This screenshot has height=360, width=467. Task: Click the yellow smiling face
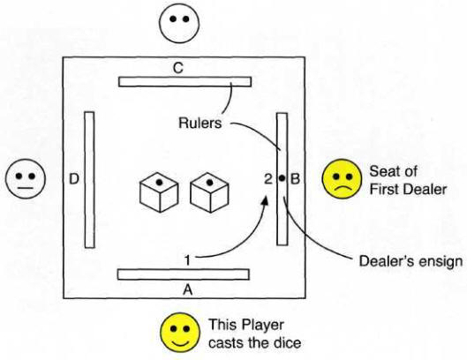[x=180, y=332]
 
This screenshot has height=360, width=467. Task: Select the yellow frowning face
[x=343, y=178]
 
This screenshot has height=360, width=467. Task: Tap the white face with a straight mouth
[x=26, y=178]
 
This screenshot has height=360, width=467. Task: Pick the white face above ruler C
[x=178, y=23]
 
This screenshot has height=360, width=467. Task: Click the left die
[x=159, y=192]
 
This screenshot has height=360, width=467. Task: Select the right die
[x=210, y=192]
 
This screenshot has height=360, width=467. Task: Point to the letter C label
[x=178, y=68]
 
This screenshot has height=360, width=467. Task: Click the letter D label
[x=74, y=179]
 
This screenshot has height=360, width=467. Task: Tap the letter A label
[x=187, y=289]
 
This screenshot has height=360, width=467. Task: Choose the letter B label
[x=295, y=178]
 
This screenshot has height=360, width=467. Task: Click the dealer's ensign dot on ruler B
[x=282, y=178]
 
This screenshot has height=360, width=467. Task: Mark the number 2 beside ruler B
[x=268, y=178]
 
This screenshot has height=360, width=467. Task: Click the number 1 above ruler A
[x=187, y=260]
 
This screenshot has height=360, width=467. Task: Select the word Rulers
[x=200, y=123]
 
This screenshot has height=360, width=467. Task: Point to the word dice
[x=289, y=342]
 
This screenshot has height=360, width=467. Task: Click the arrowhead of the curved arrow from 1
[x=265, y=201]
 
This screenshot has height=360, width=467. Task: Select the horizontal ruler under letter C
[x=185, y=81]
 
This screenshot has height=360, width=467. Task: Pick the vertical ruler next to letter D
[x=89, y=179]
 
